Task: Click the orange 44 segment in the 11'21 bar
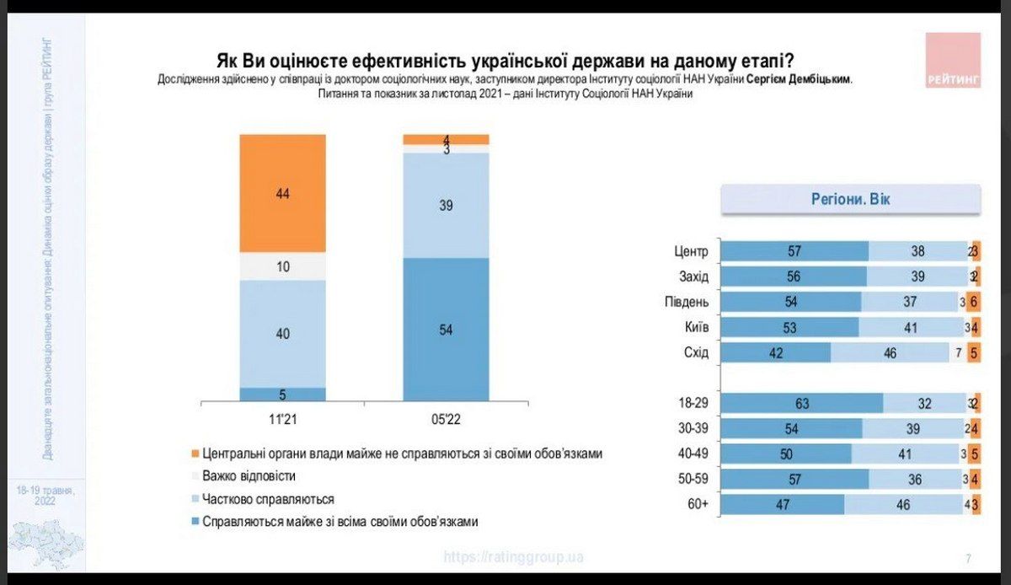[282, 193]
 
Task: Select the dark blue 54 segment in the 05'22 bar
[446, 329]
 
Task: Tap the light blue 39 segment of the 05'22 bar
[446, 205]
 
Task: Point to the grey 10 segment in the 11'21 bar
[282, 266]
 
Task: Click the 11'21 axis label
[282, 418]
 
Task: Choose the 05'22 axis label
[446, 418]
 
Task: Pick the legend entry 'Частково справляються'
[268, 499]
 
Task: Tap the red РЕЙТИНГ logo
[953, 60]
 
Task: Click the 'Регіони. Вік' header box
[849, 200]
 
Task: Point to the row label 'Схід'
[695, 352]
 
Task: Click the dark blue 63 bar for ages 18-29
[801, 404]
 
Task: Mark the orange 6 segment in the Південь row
[974, 302]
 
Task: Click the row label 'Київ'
[695, 327]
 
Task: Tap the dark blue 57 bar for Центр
[794, 251]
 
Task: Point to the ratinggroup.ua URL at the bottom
[513, 557]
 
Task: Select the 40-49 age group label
[693, 454]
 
